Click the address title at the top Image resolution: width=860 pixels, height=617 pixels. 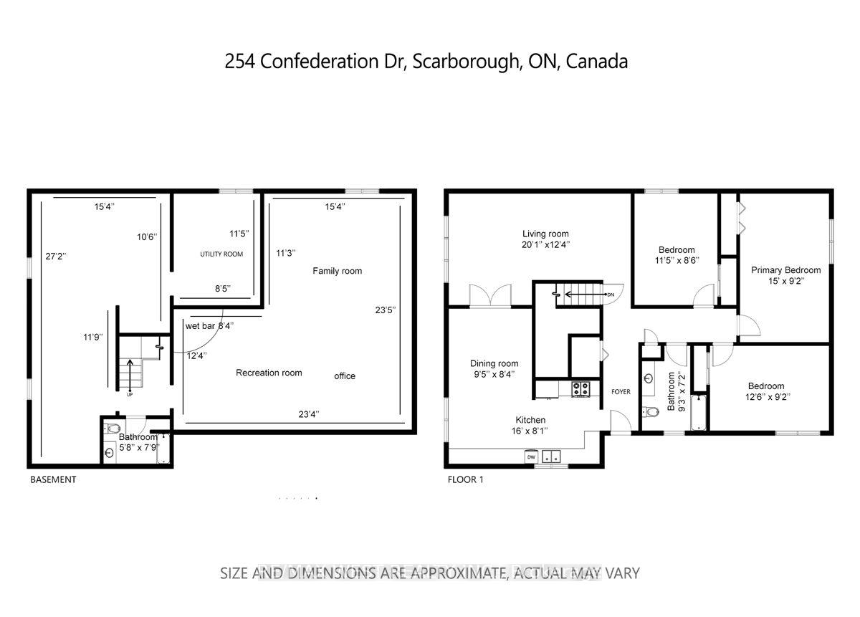(x=426, y=62)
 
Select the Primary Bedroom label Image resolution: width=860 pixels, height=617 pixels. (x=785, y=270)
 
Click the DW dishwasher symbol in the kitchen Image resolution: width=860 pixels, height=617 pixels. (x=532, y=456)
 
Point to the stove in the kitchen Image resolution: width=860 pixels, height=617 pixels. (x=580, y=389)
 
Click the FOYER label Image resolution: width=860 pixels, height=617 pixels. (x=621, y=392)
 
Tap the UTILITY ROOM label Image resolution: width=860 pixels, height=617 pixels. (x=221, y=254)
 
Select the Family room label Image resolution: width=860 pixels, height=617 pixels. (x=337, y=271)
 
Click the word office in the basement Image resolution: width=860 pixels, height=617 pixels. (x=345, y=376)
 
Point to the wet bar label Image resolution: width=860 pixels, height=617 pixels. (x=201, y=326)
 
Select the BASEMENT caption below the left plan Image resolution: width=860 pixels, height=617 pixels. (x=52, y=479)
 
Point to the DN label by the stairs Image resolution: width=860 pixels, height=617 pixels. (x=610, y=294)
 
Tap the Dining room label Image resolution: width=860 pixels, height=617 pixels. (x=494, y=363)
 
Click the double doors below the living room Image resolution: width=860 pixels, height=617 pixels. (x=489, y=295)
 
